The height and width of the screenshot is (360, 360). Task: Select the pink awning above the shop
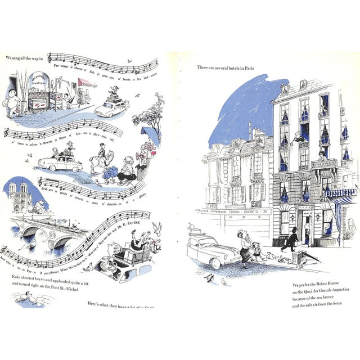pos(87,83)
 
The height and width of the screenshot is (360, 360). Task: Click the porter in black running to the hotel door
pos(291,240)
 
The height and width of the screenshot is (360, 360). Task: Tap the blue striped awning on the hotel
pos(339,193)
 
